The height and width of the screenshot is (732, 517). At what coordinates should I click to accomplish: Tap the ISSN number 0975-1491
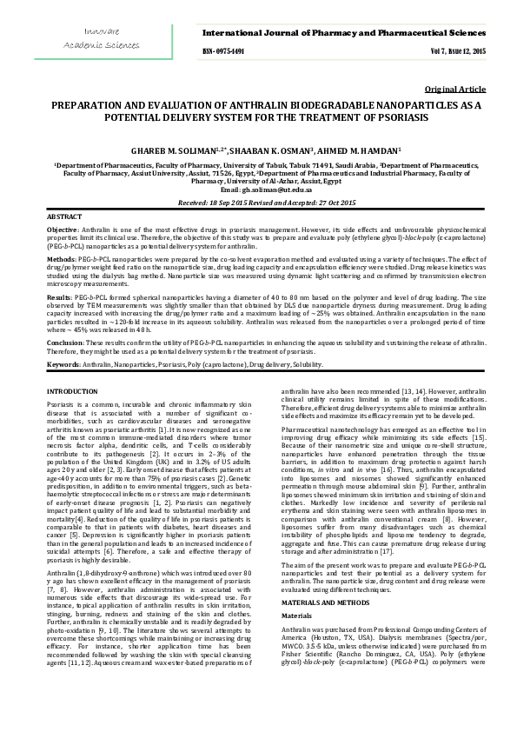pyautogui.click(x=224, y=51)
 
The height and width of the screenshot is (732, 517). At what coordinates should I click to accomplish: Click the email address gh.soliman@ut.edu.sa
pyautogui.click(x=277, y=189)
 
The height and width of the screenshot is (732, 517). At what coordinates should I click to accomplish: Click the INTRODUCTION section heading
pyautogui.click(x=72, y=394)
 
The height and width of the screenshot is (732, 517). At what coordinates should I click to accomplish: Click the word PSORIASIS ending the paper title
pyautogui.click(x=357, y=116)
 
